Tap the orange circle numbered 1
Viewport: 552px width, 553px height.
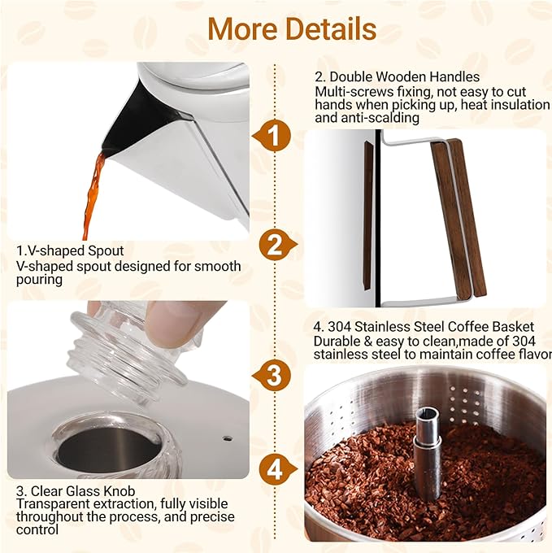(276, 136)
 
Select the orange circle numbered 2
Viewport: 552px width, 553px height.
(276, 245)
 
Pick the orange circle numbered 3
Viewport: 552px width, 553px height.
(276, 375)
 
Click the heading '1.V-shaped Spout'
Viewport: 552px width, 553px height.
(71, 251)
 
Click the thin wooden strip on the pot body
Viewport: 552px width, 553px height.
(367, 216)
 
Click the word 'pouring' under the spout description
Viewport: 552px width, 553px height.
(38, 279)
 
